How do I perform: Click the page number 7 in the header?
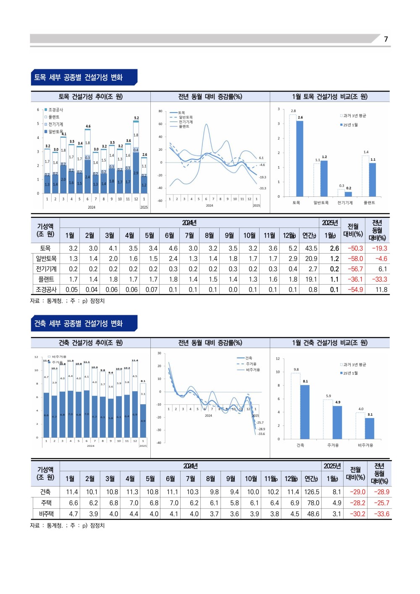[x=386, y=39]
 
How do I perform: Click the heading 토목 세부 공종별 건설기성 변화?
[x=79, y=77]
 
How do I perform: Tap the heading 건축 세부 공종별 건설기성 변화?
[x=79, y=323]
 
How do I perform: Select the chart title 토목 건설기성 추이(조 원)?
[x=90, y=97]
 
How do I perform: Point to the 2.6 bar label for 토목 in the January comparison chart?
[x=300, y=118]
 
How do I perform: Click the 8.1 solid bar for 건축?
[x=305, y=411]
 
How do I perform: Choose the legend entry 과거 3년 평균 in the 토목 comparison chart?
[x=354, y=116]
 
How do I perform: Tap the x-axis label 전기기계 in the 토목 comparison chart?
[x=345, y=203]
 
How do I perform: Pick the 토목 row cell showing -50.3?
[x=355, y=249]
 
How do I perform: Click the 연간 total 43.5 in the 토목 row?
[x=311, y=249]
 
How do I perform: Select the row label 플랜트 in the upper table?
[x=46, y=279]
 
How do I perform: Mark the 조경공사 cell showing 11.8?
[x=381, y=290]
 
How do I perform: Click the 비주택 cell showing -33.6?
[x=381, y=514]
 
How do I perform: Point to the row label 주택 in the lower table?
[x=46, y=503]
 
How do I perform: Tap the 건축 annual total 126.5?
[x=312, y=492]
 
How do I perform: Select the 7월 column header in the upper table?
[x=189, y=236]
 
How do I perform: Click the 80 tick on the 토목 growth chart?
[x=160, y=111]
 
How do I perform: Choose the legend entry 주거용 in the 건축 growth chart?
[x=251, y=364]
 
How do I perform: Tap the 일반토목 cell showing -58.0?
[x=355, y=259]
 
